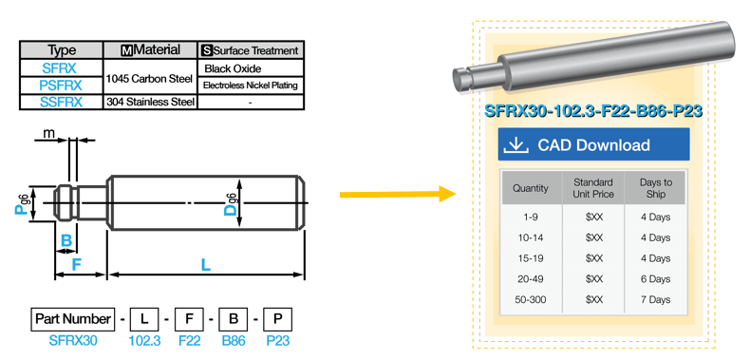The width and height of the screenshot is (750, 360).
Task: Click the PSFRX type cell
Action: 61,85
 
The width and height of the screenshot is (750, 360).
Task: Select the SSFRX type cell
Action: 61,102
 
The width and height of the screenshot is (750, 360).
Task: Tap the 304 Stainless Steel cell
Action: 150,102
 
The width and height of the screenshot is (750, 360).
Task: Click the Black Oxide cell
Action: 251,68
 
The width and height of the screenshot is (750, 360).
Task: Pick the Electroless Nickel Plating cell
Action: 251,85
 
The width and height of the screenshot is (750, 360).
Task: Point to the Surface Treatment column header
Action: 251,50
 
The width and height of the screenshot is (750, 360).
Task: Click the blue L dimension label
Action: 206,265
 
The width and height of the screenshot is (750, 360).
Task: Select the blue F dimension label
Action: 77,265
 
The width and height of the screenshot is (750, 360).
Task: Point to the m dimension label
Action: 48,134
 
